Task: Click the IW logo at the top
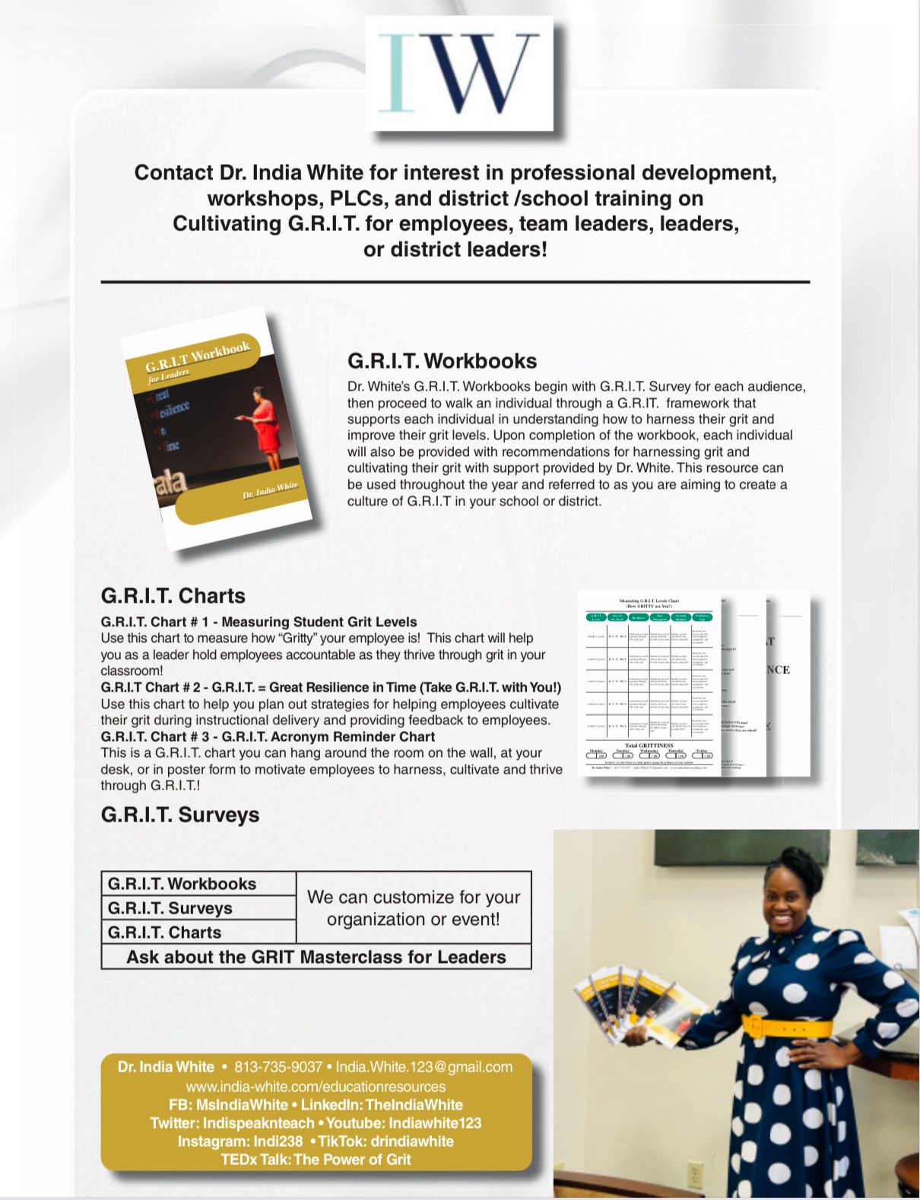pyautogui.click(x=458, y=74)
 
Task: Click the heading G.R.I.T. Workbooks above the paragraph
pyautogui.click(x=442, y=361)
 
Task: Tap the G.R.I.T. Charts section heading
pyautogui.click(x=173, y=596)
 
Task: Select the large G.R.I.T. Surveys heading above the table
pyautogui.click(x=179, y=815)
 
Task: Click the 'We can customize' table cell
pyautogui.click(x=414, y=908)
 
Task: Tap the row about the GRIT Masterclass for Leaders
pyautogui.click(x=316, y=957)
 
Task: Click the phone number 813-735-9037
pyautogui.click(x=278, y=1067)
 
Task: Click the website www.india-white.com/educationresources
pyautogui.click(x=316, y=1087)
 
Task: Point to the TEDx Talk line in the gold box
pyautogui.click(x=316, y=1160)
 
